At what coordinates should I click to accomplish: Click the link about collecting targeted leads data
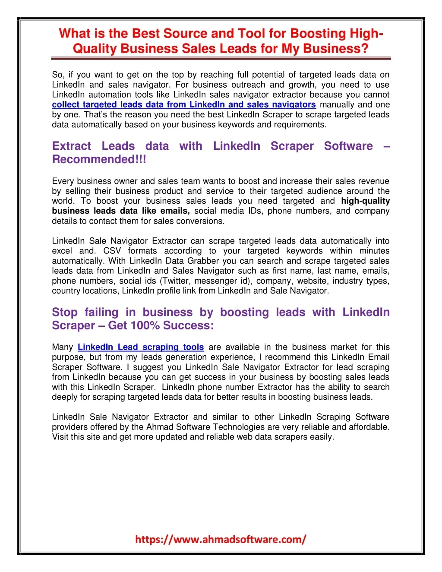click(183, 104)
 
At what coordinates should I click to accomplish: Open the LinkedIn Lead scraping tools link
click(141, 347)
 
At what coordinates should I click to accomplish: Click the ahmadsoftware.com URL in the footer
click(221, 539)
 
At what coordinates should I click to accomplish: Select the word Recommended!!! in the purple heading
click(99, 159)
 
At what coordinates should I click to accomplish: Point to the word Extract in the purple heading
click(72, 146)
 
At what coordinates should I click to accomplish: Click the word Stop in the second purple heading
click(64, 312)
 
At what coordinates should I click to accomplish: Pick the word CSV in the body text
click(112, 251)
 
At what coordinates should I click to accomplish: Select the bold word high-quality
click(365, 201)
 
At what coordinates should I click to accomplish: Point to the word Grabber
click(203, 261)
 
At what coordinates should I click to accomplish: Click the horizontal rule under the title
click(221, 58)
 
